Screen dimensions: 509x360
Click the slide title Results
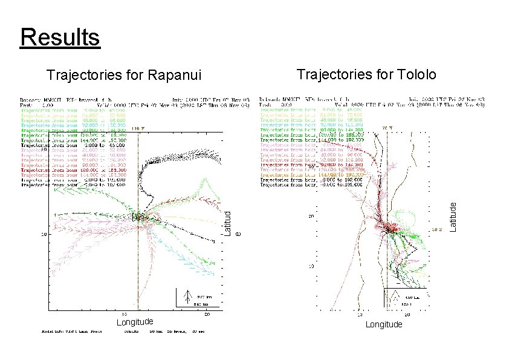60,37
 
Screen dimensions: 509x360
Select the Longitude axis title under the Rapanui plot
134,321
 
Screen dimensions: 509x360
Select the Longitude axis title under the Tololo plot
384,325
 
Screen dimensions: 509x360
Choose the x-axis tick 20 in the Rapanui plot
207,314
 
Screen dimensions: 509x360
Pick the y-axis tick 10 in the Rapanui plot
44,233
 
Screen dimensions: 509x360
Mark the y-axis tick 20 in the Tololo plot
311,215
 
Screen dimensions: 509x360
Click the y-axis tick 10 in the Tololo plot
311,265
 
